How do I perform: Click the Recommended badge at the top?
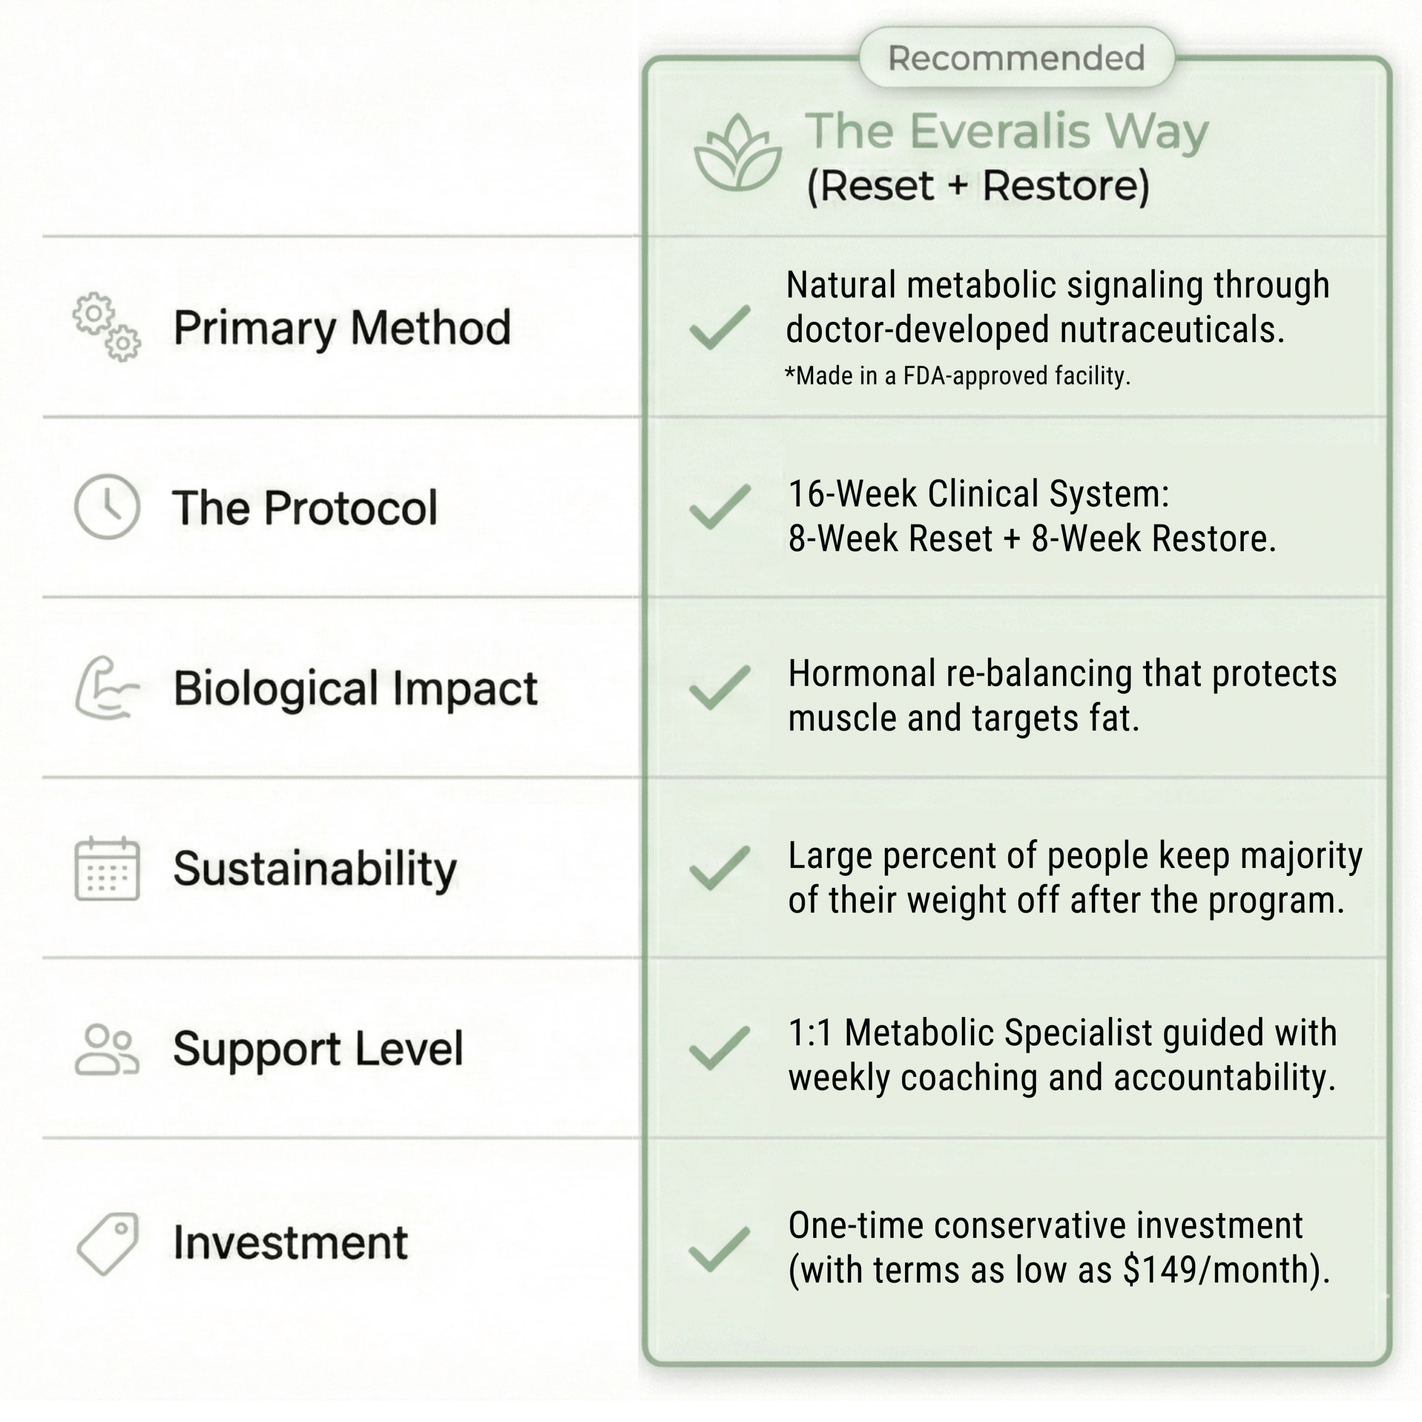click(x=1017, y=57)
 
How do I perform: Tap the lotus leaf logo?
click(x=738, y=153)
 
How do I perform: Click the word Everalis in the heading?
click(x=999, y=131)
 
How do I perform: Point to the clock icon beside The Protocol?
click(x=107, y=507)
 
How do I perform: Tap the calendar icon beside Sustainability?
click(x=107, y=869)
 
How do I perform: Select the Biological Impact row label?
click(x=355, y=689)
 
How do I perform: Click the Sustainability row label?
click(x=315, y=869)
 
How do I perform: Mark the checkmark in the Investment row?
click(x=720, y=1249)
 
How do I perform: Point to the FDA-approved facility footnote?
click(x=957, y=376)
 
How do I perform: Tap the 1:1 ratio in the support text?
click(x=810, y=1032)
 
